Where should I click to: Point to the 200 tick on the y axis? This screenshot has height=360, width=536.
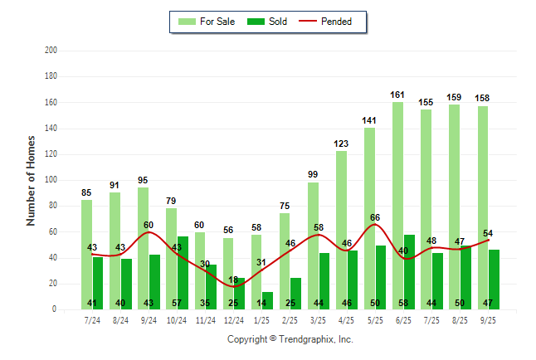(51, 51)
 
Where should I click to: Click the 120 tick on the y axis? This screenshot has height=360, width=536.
(51, 154)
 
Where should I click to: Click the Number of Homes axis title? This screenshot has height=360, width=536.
(32, 181)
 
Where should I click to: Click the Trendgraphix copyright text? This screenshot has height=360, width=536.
(290, 339)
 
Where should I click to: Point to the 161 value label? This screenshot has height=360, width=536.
(397, 95)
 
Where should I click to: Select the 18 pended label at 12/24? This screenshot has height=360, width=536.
(234, 280)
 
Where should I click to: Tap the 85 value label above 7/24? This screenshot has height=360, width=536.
(86, 193)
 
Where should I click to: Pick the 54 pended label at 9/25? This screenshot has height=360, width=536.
(489, 233)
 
